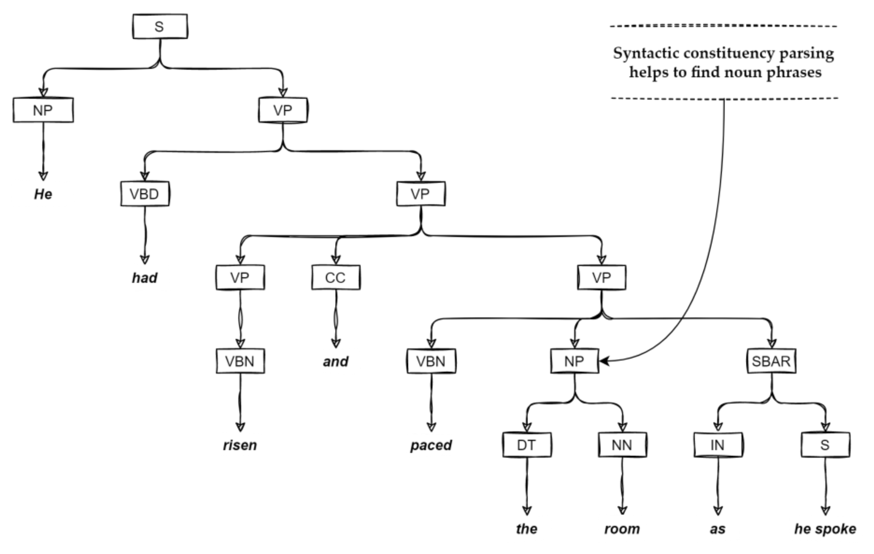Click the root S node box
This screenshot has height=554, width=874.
point(160,26)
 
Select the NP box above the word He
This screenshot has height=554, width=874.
point(43,110)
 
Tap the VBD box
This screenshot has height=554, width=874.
point(145,194)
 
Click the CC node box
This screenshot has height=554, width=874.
point(336,278)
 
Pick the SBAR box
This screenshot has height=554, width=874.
point(771,361)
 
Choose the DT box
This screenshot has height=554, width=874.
point(526,445)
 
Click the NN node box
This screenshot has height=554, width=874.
point(622,445)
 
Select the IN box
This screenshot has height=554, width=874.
point(718,445)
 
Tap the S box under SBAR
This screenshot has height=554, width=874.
point(825,445)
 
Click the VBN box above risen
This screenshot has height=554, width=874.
point(240,361)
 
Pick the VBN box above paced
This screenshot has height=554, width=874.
point(431,361)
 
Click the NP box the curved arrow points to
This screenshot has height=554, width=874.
point(574,361)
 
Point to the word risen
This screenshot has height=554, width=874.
point(240,445)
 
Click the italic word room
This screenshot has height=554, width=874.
point(622,529)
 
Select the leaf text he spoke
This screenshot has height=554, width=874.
point(825,529)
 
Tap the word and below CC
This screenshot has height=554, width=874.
point(336,362)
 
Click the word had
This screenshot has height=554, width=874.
point(145,278)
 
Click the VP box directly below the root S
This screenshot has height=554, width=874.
point(283,110)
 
